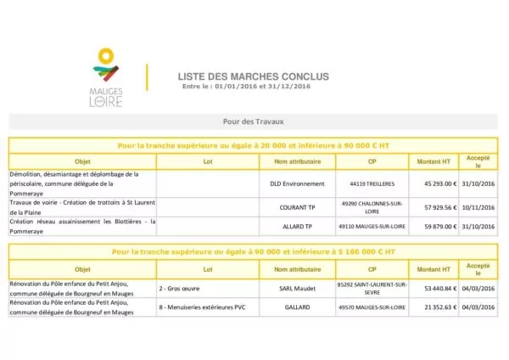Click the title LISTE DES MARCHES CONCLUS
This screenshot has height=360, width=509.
pyautogui.click(x=253, y=76)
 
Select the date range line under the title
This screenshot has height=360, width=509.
pyautogui.click(x=246, y=87)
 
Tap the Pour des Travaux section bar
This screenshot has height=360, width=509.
pyautogui.click(x=253, y=121)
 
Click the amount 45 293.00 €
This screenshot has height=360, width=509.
pyautogui.click(x=434, y=183)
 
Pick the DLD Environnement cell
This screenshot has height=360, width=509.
pyautogui.click(x=297, y=183)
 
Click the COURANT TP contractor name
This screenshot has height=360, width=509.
pyautogui.click(x=297, y=206)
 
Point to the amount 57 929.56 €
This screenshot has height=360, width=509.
pyautogui.click(x=434, y=206)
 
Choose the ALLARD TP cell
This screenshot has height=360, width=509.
pyautogui.click(x=297, y=227)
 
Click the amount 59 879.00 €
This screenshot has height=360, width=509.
pyautogui.click(x=434, y=227)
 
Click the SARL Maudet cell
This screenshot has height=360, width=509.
pyautogui.click(x=297, y=289)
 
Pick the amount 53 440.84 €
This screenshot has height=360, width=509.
pyautogui.click(x=434, y=289)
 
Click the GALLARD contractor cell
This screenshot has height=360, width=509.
pyautogui.click(x=297, y=307)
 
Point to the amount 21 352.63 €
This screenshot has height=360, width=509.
pyautogui.click(x=434, y=307)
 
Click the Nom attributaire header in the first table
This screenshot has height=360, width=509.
pyautogui.click(x=297, y=160)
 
